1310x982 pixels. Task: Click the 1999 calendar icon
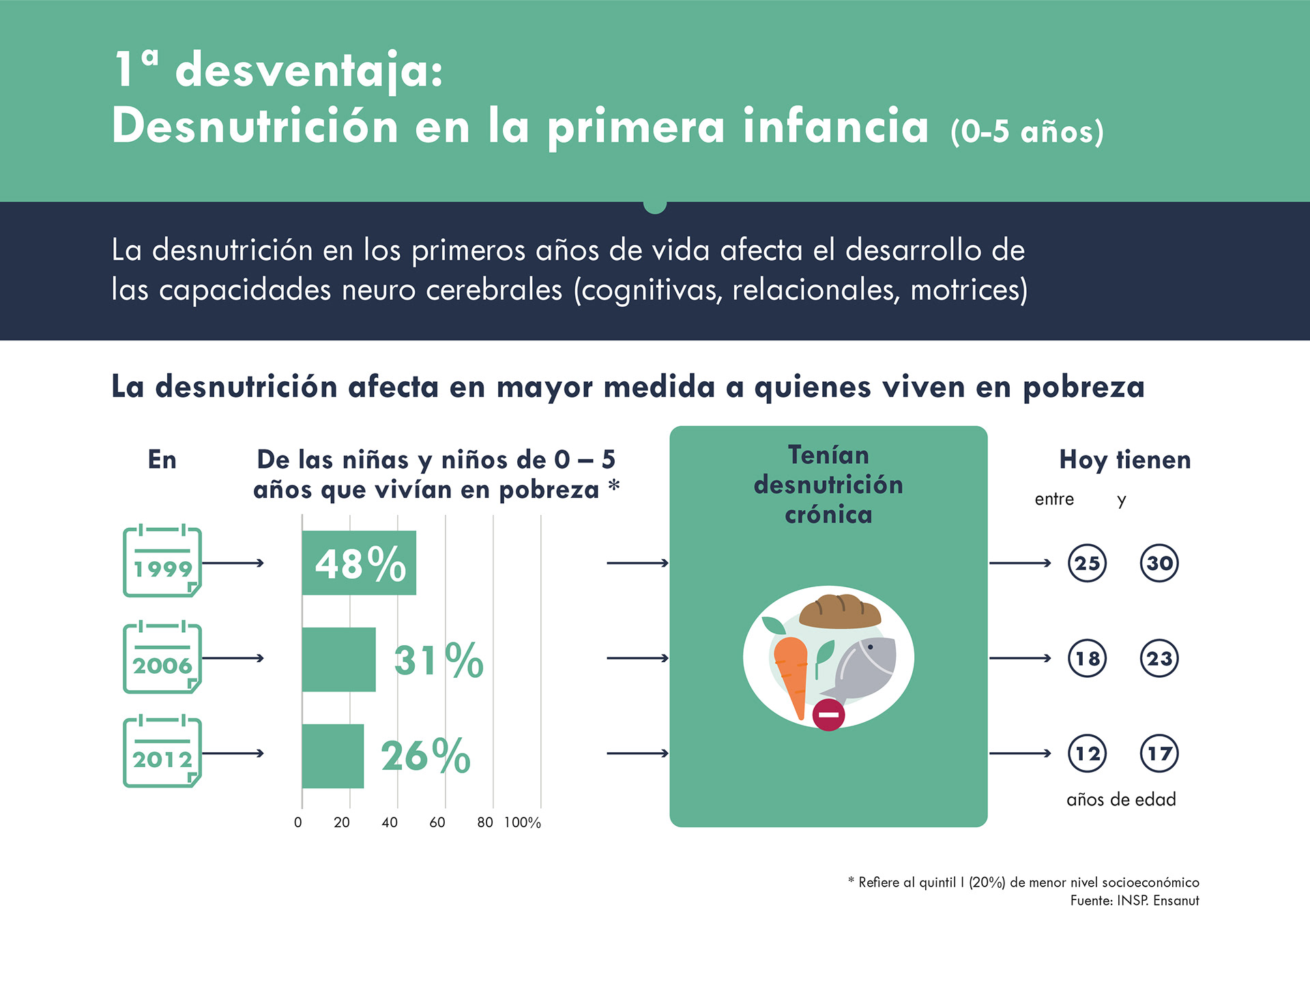(x=162, y=562)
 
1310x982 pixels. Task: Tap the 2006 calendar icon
(x=162, y=658)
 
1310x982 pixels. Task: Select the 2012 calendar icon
(x=162, y=753)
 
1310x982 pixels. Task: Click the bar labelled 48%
(x=359, y=563)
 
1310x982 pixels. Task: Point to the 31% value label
(x=439, y=660)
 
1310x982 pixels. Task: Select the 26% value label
(x=426, y=756)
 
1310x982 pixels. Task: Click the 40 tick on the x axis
(x=390, y=822)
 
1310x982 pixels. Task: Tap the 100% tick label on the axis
(x=523, y=822)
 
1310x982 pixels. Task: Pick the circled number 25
(x=1087, y=563)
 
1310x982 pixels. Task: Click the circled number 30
(x=1159, y=563)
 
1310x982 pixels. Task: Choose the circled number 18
(x=1087, y=659)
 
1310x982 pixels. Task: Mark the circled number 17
(x=1159, y=754)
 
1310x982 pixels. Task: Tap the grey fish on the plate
(x=863, y=668)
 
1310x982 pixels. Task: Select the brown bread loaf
(x=840, y=612)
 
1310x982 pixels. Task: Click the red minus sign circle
(x=829, y=715)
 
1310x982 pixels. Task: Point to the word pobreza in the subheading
(x=1083, y=387)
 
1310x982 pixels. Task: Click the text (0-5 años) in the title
(x=1027, y=131)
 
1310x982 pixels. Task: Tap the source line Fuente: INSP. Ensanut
(x=1134, y=901)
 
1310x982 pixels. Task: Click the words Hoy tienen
(x=1124, y=460)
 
